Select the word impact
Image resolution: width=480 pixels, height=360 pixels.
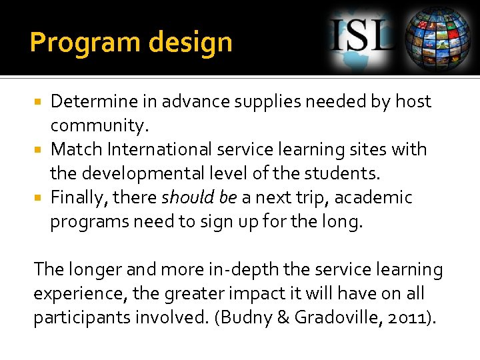click(255, 294)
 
